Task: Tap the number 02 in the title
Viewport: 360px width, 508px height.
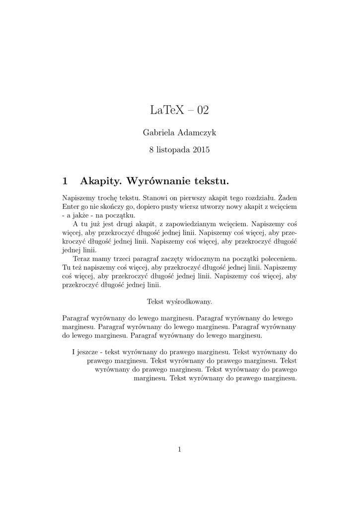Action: point(203,111)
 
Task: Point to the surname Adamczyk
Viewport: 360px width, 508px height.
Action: point(198,133)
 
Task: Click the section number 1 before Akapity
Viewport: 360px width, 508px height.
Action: point(66,179)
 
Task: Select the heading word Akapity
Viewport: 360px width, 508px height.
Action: point(101,179)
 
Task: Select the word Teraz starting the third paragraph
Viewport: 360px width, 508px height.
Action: point(81,259)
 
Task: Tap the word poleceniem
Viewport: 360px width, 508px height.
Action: point(279,259)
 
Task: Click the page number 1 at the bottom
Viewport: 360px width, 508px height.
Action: point(180,449)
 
